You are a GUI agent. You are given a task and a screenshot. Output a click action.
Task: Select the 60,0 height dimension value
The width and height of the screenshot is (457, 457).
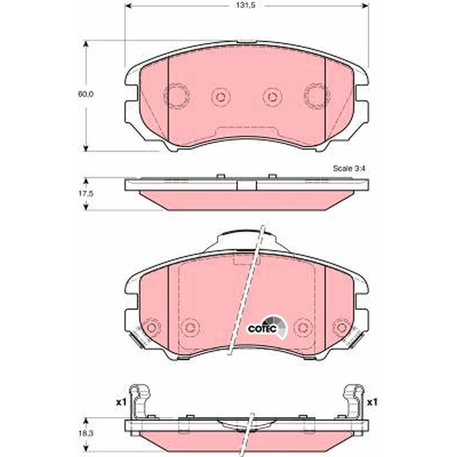[x=85, y=94]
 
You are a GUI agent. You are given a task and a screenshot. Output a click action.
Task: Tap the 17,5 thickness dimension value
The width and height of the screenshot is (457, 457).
[x=85, y=193]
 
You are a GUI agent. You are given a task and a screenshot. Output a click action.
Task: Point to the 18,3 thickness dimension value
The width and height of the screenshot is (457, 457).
[x=85, y=434]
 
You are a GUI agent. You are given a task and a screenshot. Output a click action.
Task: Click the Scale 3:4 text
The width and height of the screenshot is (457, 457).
[x=349, y=169]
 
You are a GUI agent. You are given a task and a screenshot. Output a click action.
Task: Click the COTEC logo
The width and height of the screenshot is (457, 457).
[x=267, y=328]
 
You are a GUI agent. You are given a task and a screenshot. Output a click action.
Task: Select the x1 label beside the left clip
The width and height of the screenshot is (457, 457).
[x=121, y=403]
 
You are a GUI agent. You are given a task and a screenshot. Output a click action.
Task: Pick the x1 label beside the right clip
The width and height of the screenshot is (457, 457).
[x=372, y=403]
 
